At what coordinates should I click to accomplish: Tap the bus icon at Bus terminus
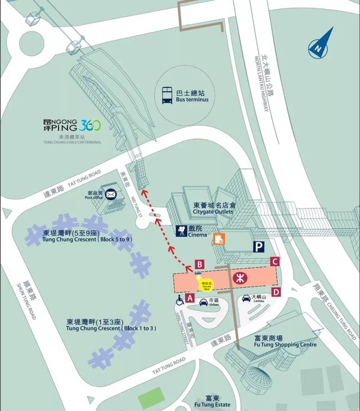[x=168, y=95]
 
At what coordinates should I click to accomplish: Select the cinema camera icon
[x=182, y=231]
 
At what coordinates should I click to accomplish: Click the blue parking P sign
[x=258, y=246]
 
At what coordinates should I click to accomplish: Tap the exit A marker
[x=190, y=298]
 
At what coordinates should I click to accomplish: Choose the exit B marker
[x=199, y=264]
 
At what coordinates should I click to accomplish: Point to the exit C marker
[x=275, y=261]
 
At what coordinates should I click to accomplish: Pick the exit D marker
[x=276, y=292]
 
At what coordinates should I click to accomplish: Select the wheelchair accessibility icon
[x=179, y=300]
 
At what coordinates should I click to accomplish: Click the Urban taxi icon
[x=204, y=302]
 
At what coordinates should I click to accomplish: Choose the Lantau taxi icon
[x=246, y=298]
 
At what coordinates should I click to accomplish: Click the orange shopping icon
[x=219, y=239]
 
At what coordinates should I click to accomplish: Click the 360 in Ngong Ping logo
[x=90, y=125]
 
